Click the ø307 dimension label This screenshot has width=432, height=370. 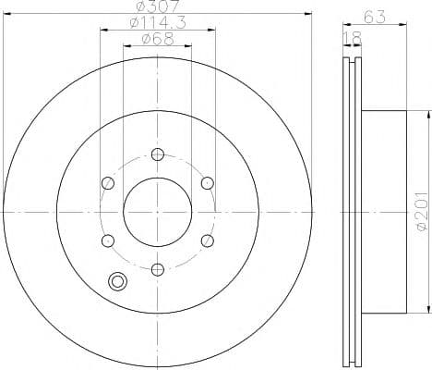157,6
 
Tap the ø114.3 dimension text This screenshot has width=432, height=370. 158,22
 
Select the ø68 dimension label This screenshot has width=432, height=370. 158,39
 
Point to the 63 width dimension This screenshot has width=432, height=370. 375,17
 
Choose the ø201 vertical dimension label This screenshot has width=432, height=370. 422,211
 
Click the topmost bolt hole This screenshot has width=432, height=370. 158,154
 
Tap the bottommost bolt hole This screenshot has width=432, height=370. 158,270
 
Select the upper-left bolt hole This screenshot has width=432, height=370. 108,183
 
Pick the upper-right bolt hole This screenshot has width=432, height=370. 208,183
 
